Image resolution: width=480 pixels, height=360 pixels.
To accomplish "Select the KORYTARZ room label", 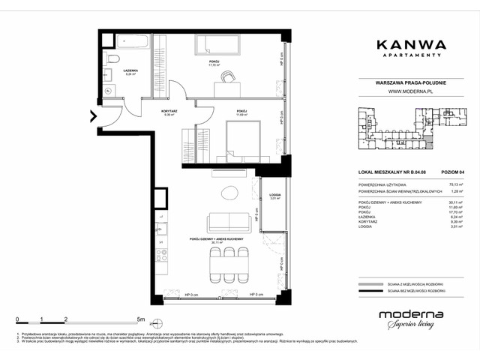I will pos(169,112).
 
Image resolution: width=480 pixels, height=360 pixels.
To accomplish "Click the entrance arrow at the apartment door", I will pos(94,116).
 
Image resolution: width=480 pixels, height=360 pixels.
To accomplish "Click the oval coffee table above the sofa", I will pos(228,193).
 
